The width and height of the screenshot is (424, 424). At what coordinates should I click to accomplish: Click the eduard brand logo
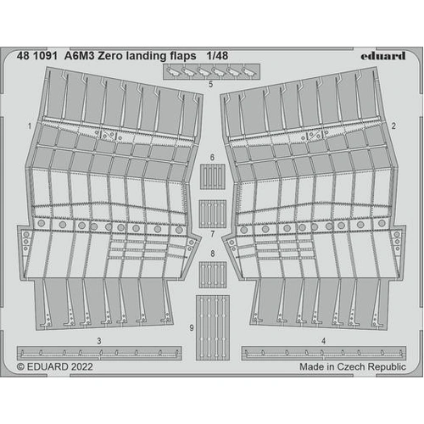tap(383, 56)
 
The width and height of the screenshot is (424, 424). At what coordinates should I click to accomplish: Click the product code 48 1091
tap(37, 56)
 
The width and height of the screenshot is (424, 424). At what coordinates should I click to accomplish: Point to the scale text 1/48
tap(217, 56)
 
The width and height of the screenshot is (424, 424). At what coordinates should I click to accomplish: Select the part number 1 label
tap(30, 126)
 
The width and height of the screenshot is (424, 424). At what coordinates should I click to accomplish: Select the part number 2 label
tap(393, 126)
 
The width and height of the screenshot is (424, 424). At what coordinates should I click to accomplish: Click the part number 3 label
tap(99, 341)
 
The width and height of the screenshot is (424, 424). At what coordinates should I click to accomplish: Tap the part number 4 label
tap(324, 341)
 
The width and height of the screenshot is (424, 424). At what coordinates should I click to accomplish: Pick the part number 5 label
tap(211, 84)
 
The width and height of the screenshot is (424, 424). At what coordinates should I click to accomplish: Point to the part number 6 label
tap(212, 157)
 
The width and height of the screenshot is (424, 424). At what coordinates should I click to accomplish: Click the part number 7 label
tap(213, 234)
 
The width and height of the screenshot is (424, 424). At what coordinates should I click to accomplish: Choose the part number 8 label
tap(213, 254)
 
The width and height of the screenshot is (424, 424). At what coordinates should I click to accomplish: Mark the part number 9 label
tap(192, 328)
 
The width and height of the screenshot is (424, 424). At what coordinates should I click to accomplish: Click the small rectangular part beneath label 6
tap(213, 176)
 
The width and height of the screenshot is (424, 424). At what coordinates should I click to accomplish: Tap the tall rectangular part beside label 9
tap(213, 328)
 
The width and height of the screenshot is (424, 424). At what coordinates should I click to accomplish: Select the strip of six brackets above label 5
tap(211, 72)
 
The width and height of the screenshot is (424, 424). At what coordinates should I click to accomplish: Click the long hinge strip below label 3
tap(99, 353)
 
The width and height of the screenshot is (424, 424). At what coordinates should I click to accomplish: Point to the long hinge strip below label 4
tap(324, 353)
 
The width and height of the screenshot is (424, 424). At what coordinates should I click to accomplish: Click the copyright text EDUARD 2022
tap(55, 367)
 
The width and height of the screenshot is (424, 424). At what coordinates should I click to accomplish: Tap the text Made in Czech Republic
tap(353, 367)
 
